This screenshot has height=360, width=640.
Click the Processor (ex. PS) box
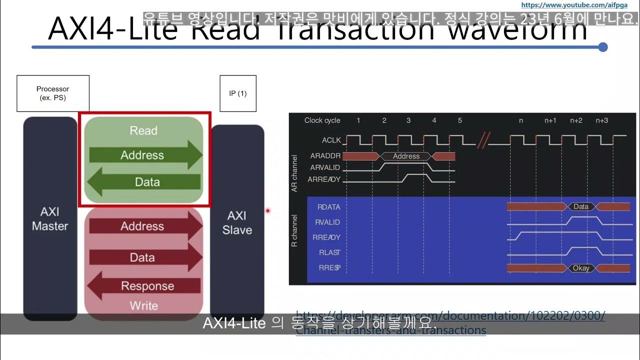point(53,93)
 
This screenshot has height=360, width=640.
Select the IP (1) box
point(238,93)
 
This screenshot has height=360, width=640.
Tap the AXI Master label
point(50,219)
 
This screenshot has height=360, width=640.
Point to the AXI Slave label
point(237,223)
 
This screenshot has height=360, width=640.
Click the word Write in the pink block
point(144,305)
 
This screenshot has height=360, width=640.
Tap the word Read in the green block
point(143,130)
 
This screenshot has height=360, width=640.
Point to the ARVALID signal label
point(325,167)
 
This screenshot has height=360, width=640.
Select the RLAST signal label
point(329,252)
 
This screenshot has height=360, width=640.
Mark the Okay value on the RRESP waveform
point(581,268)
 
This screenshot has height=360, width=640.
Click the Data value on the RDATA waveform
point(581,206)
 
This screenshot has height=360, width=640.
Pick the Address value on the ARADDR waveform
point(406,156)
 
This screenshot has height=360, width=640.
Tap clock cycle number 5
point(459,120)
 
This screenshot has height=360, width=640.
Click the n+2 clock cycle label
point(576,120)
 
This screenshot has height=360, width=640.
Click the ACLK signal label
point(331,140)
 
